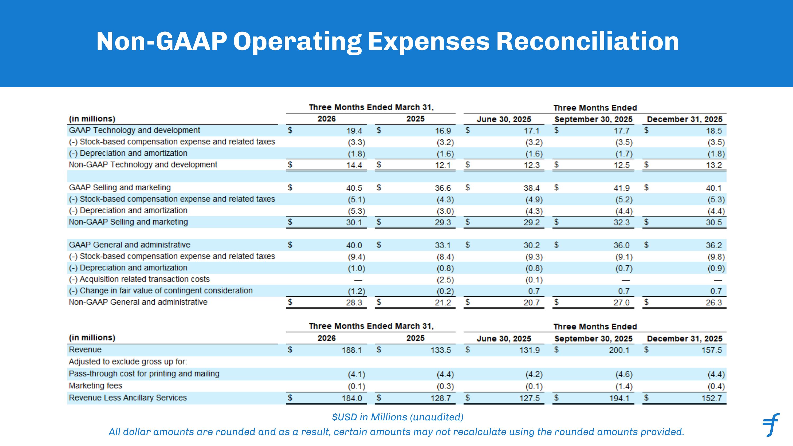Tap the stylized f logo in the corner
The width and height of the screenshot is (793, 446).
771,425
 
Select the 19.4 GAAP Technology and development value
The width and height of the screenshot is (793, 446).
354,131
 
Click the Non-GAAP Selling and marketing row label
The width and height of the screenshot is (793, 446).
128,222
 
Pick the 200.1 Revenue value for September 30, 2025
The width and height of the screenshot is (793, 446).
619,350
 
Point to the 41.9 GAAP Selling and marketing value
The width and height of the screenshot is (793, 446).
621,188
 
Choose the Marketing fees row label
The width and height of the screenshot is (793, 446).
95,386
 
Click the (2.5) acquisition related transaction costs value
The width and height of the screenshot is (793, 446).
445,280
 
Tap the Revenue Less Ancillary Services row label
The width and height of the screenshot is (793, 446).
128,398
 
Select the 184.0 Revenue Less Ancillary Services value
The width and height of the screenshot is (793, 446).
352,398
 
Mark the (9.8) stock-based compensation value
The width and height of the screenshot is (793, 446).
716,257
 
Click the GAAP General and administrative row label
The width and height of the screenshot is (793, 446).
130,245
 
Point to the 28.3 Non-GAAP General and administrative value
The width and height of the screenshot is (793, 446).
354,302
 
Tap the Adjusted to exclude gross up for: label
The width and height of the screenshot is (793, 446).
128,362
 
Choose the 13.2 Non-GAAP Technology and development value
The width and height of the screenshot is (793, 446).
714,165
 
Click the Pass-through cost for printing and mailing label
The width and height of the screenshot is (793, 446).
144,374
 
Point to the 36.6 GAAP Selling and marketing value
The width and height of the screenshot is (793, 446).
443,188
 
